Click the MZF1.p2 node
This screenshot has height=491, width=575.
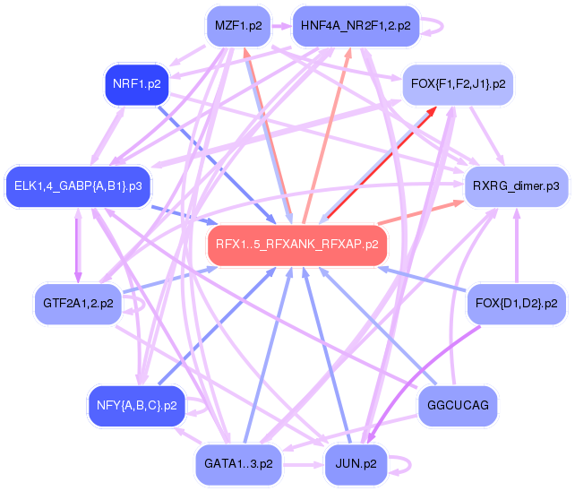coord(238,26)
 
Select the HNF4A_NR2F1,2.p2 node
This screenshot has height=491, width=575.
coord(356,26)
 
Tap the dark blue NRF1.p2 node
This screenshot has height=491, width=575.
coord(137,84)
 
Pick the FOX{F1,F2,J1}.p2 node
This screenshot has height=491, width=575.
coord(458,83)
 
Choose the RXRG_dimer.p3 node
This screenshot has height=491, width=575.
coord(516,185)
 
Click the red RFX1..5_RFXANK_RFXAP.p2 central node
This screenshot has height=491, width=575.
coord(297,244)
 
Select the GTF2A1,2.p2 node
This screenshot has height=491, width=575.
coord(77,304)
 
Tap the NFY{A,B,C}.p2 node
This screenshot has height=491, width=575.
coord(136,405)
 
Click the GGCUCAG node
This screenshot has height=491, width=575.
coord(458,406)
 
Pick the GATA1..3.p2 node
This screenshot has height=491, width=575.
coord(237,463)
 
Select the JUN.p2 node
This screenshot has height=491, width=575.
coord(355,463)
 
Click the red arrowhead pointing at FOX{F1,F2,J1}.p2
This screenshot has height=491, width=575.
coord(432,112)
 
